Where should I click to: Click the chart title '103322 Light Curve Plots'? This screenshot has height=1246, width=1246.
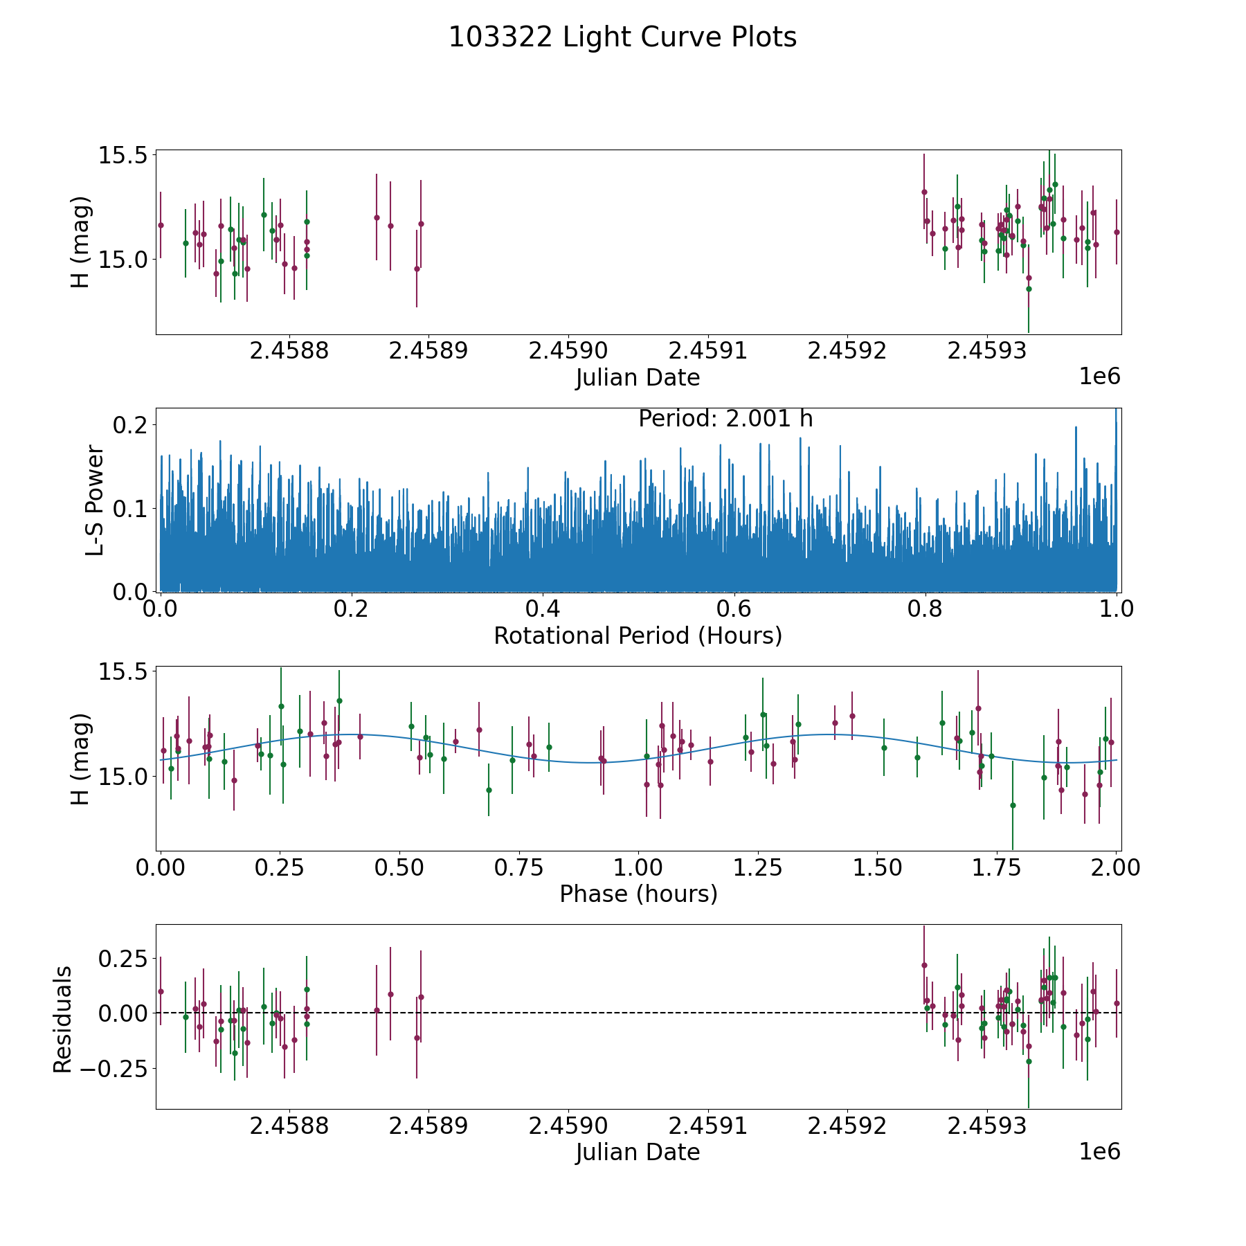(x=622, y=37)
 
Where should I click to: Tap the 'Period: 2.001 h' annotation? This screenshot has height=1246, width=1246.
(x=725, y=419)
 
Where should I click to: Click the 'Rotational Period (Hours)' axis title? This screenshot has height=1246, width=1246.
(x=638, y=635)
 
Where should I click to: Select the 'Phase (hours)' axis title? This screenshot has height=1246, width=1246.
(x=638, y=894)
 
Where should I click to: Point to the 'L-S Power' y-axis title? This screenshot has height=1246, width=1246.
(x=95, y=500)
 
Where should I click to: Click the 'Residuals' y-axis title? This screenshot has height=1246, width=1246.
(x=63, y=1020)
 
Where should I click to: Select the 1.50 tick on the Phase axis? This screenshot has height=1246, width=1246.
(x=876, y=868)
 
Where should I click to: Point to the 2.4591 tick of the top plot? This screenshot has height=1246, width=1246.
(x=709, y=351)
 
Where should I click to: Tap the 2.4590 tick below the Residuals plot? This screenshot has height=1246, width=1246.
(x=569, y=1126)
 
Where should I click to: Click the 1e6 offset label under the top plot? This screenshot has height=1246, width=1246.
(x=1099, y=377)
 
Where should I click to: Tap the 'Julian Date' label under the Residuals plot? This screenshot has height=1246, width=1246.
(x=638, y=1153)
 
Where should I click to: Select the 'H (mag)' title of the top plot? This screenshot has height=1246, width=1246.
(x=80, y=242)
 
